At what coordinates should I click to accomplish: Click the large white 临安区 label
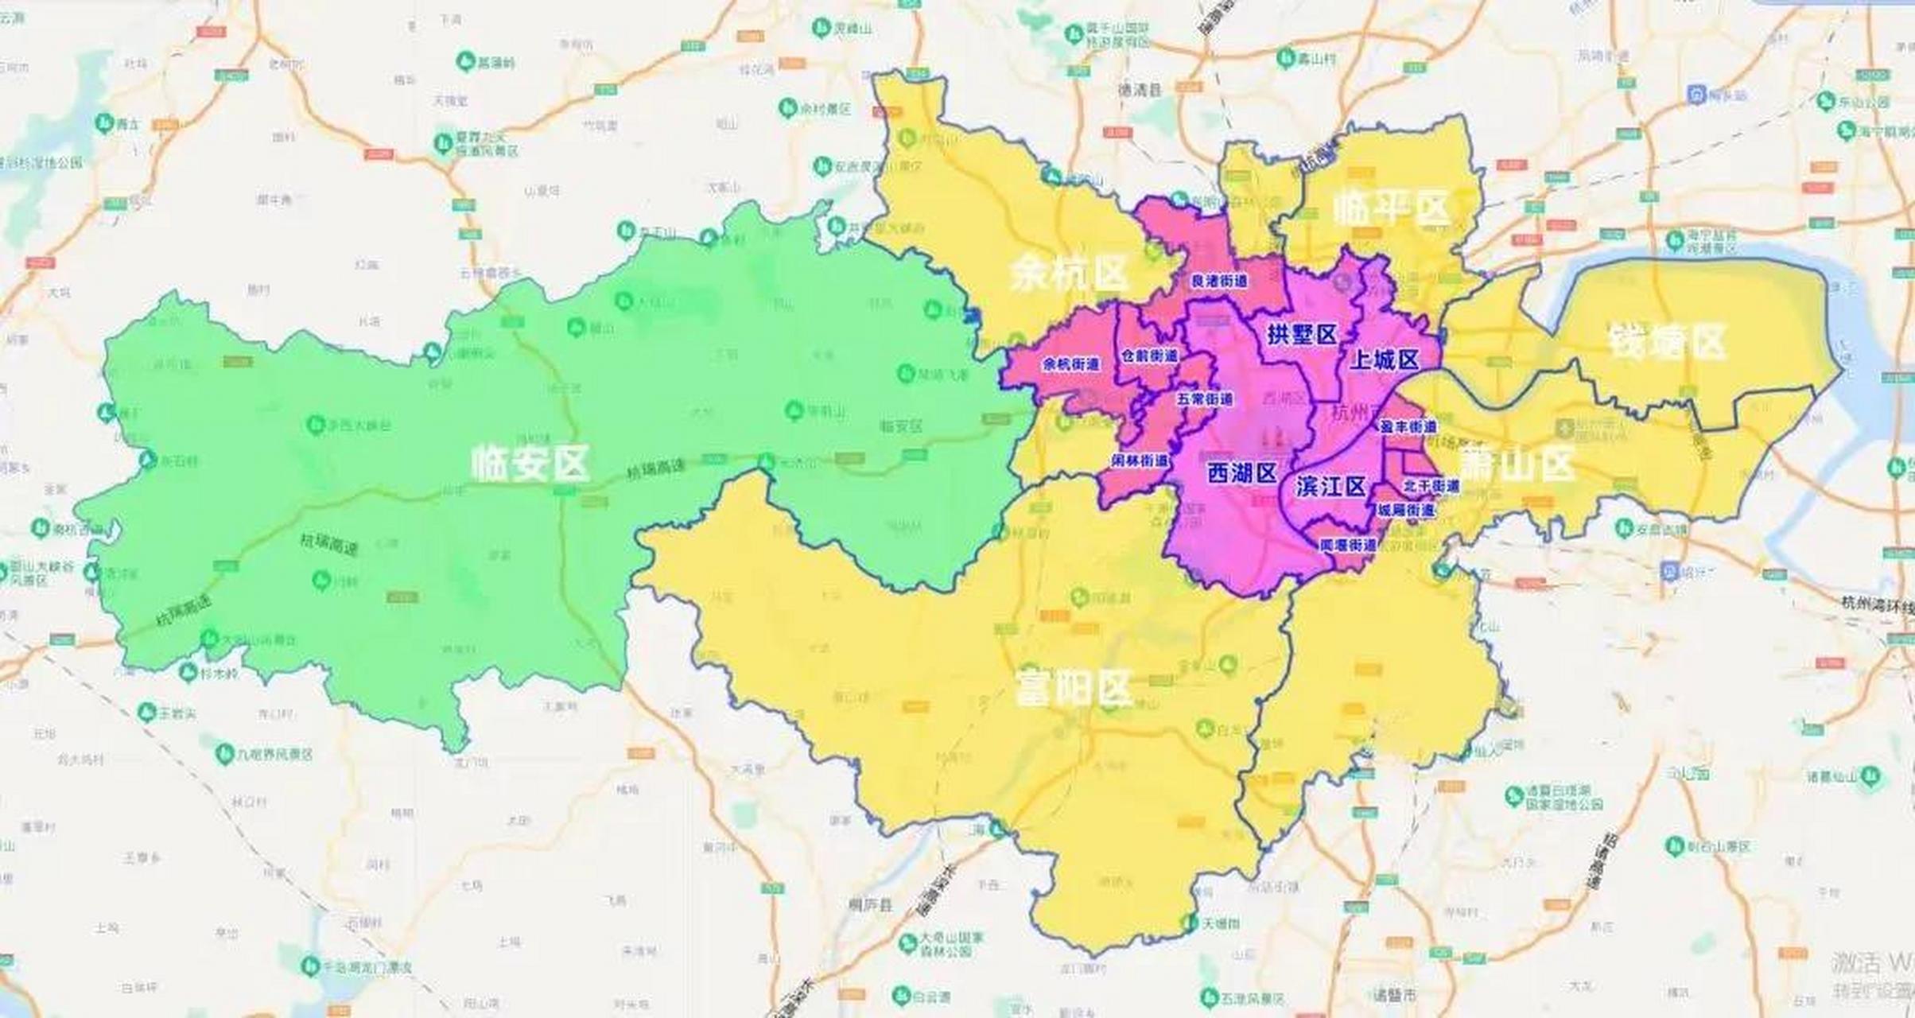(x=530, y=463)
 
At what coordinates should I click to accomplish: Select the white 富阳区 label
(x=1074, y=689)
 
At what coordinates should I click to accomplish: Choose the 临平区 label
(x=1392, y=208)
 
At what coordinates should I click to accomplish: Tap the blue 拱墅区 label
(x=1302, y=335)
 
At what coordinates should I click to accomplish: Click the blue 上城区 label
(x=1385, y=360)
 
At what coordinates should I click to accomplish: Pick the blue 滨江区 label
(x=1330, y=486)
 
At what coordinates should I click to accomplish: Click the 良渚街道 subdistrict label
(x=1218, y=282)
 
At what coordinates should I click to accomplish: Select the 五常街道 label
(x=1205, y=398)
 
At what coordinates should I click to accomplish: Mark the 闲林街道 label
(x=1140, y=460)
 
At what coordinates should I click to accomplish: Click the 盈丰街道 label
(x=1408, y=427)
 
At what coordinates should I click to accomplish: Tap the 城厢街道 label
(x=1406, y=510)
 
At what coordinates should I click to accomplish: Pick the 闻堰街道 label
(x=1347, y=546)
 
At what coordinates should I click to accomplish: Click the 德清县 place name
(x=1140, y=91)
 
